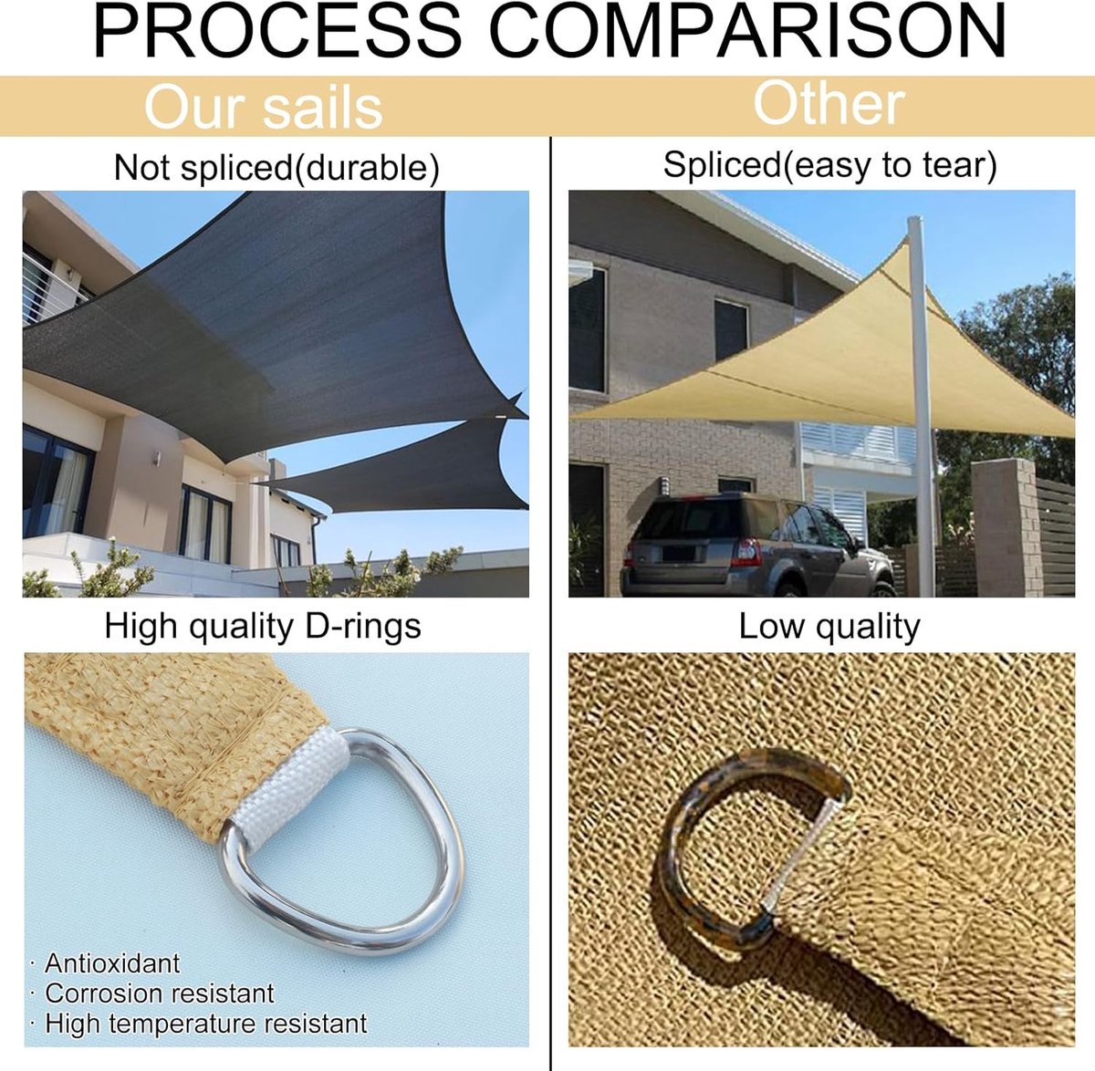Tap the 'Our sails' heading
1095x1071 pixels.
(264, 107)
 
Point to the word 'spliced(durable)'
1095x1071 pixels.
(309, 167)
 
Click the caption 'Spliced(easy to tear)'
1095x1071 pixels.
(829, 166)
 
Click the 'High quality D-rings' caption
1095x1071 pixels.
(263, 626)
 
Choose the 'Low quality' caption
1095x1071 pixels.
(829, 626)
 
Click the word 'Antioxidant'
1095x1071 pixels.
(112, 963)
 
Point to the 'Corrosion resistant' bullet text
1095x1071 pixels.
(160, 993)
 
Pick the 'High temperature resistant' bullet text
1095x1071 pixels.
(206, 1024)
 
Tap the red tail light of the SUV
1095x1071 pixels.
(749, 552)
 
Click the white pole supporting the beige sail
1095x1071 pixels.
(921, 406)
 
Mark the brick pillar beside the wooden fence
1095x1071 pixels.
(1006, 527)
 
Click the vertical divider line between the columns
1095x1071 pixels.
(550, 604)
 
